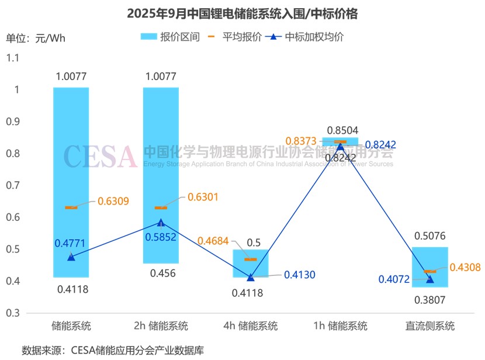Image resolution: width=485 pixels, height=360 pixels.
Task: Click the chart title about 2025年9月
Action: (x=242, y=13)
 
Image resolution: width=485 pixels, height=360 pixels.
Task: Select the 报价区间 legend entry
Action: (x=171, y=37)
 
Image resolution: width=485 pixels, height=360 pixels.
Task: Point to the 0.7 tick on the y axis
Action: (x=12, y=186)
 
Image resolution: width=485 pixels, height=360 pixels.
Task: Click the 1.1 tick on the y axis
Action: (x=12, y=58)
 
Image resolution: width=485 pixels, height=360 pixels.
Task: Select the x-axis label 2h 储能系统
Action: (x=161, y=326)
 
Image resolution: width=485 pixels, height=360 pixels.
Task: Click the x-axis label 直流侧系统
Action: (x=430, y=326)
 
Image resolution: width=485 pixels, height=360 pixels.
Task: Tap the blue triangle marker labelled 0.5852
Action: (x=161, y=223)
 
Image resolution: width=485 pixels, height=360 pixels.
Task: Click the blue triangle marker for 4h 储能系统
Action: (x=251, y=277)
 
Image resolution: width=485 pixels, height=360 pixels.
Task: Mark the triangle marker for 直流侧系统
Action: (x=430, y=279)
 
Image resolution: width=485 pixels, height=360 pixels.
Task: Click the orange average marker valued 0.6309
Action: (x=71, y=207)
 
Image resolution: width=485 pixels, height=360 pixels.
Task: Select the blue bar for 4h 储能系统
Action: (x=251, y=263)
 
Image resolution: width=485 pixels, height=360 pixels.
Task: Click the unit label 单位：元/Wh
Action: (x=36, y=39)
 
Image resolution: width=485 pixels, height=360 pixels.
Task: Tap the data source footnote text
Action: (x=112, y=350)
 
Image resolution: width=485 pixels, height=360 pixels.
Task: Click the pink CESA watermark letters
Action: (x=99, y=156)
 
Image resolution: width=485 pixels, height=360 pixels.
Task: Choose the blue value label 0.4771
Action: (x=71, y=244)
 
